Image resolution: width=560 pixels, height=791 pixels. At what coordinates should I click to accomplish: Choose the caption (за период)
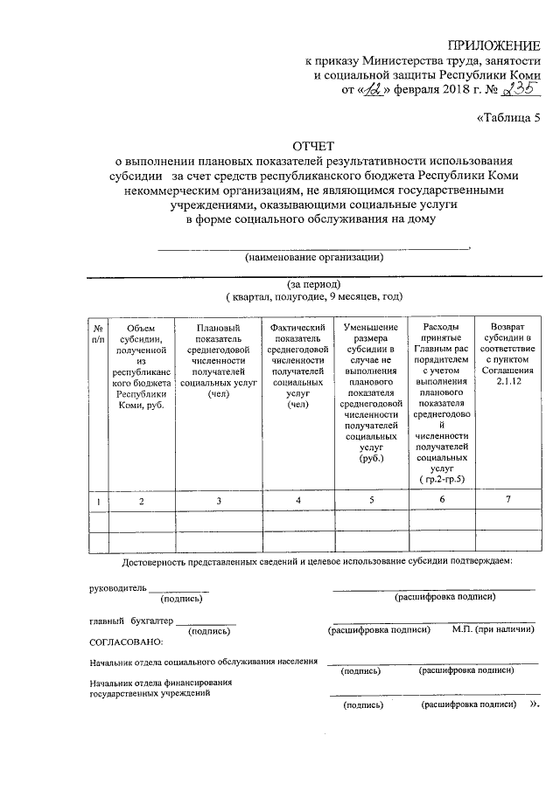(313, 285)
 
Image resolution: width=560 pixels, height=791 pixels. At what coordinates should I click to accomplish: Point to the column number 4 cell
(298, 500)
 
